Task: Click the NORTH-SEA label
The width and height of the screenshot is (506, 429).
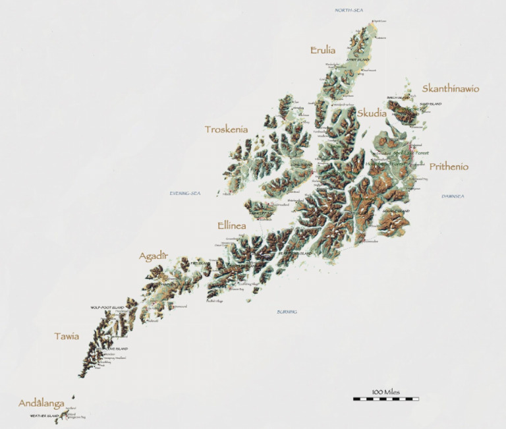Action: pyautogui.click(x=349, y=10)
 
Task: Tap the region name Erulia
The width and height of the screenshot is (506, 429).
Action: pyautogui.click(x=323, y=50)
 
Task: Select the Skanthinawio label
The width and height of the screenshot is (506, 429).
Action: pyautogui.click(x=450, y=88)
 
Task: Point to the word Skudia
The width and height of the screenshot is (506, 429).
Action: pyautogui.click(x=372, y=113)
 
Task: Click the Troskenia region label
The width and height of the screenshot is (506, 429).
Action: pyautogui.click(x=226, y=129)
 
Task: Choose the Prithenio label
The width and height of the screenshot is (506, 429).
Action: pyautogui.click(x=449, y=167)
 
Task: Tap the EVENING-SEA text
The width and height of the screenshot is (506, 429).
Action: pyautogui.click(x=184, y=193)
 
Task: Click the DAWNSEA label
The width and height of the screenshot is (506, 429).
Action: pyautogui.click(x=453, y=196)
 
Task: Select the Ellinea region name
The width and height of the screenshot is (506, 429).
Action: pyautogui.click(x=231, y=225)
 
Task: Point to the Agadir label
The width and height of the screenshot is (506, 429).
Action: pyautogui.click(x=154, y=256)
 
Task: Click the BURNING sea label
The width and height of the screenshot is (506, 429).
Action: pyautogui.click(x=287, y=312)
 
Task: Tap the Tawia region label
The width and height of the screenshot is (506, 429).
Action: pyautogui.click(x=67, y=336)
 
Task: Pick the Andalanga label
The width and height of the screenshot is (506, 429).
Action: pyautogui.click(x=41, y=403)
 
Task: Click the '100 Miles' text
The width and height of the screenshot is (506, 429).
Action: pyautogui.click(x=385, y=392)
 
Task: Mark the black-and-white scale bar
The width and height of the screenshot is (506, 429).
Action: pyautogui.click(x=385, y=399)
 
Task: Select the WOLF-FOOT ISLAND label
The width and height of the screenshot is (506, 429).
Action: pyautogui.click(x=107, y=308)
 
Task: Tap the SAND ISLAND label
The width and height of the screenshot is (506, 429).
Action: pyautogui.click(x=431, y=104)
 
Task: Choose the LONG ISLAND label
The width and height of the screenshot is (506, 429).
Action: pyautogui.click(x=301, y=165)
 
